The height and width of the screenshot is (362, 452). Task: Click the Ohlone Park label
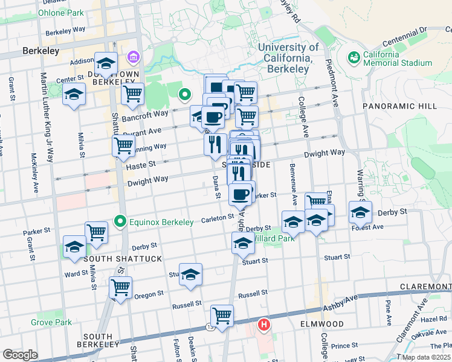point(61,12)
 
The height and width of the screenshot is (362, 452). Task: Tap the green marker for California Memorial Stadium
point(354,57)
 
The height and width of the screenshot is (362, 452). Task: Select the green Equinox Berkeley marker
point(120,221)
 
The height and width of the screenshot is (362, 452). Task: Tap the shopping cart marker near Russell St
point(222,315)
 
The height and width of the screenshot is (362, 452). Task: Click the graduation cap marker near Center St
point(74,94)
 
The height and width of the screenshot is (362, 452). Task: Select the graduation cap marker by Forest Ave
point(360,212)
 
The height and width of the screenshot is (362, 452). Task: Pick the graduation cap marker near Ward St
point(74,246)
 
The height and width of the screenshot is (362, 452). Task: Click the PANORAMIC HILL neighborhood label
point(399,106)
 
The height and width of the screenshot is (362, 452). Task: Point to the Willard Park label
point(272,238)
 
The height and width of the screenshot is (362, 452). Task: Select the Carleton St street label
point(218,217)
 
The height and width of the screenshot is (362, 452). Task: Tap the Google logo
point(20,354)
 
